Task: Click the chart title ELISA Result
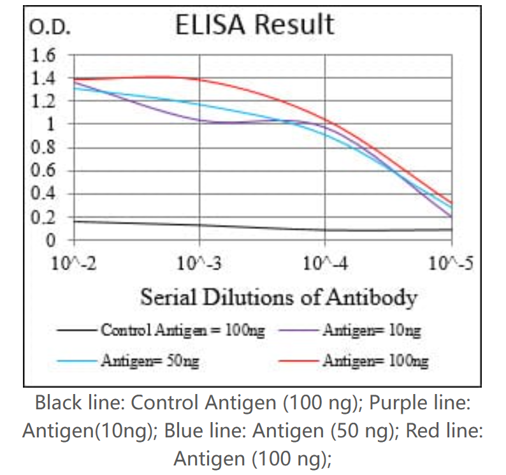coord(254,25)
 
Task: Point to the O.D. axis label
coord(46,28)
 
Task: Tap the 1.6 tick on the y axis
coord(44,55)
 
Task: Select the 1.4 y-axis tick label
coord(44,78)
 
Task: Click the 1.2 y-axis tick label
coord(44,101)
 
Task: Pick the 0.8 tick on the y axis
coord(44,148)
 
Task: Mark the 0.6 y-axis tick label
coord(44,171)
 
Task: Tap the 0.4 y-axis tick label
coord(44,194)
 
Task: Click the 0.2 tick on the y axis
coord(44,217)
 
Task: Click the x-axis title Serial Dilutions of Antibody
coord(278,297)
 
